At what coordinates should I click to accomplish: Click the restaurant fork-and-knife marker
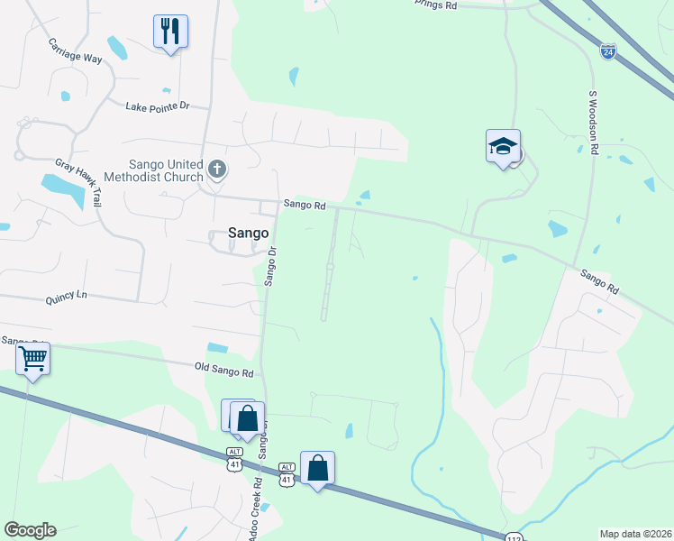point(170,31)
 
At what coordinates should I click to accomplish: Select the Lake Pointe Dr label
point(158,106)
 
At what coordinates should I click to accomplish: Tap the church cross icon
point(217,168)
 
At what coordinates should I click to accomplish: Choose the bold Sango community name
point(248,233)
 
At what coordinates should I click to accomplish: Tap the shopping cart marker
point(33,359)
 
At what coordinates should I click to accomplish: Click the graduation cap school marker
point(503,147)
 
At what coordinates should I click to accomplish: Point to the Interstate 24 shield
point(608,52)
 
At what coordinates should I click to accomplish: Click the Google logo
point(30,530)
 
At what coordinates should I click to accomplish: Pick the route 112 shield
point(513,537)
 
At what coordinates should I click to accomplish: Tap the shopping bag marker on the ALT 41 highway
point(317,468)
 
